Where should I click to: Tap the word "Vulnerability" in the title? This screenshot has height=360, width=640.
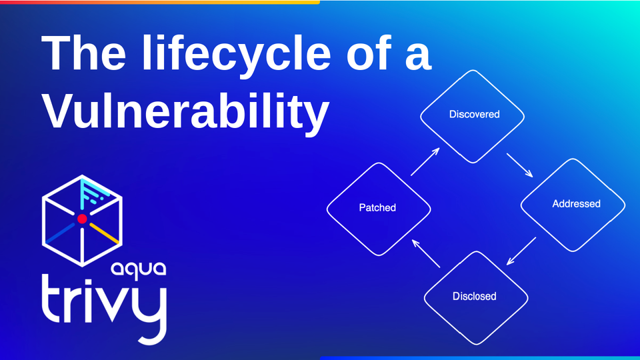click(186, 111)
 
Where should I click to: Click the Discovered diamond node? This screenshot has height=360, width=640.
click(474, 115)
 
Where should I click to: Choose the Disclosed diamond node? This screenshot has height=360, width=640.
click(474, 296)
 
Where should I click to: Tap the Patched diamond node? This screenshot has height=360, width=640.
click(377, 208)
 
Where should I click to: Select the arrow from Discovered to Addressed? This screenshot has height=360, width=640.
click(520, 165)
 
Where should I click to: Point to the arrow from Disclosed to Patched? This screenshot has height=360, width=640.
click(426, 253)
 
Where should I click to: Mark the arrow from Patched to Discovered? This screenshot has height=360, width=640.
click(425, 162)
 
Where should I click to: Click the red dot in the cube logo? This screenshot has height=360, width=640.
click(82, 219)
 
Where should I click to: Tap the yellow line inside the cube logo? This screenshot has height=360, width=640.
click(105, 233)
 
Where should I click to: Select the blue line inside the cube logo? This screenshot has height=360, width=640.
click(60, 233)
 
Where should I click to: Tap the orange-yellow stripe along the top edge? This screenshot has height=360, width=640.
click(160, 2)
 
